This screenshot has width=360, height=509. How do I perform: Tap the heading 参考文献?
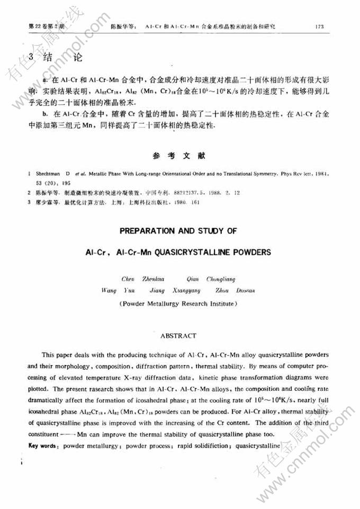click(x=181, y=156)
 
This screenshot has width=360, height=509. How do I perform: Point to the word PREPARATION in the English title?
click(x=150, y=231)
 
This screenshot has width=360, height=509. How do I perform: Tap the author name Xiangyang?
click(x=186, y=290)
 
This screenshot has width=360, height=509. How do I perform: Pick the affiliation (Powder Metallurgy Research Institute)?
click(x=178, y=304)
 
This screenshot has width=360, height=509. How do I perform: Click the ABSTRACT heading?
click(x=178, y=336)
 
